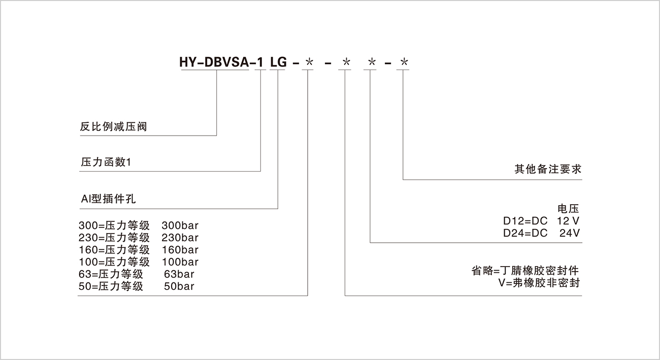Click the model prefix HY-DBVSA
(x=215, y=62)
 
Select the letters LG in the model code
(x=278, y=62)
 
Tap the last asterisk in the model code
(x=404, y=62)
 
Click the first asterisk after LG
(x=309, y=62)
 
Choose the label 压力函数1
(x=106, y=163)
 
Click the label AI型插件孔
(x=108, y=200)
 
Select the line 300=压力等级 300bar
(x=139, y=225)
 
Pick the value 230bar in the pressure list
(x=180, y=237)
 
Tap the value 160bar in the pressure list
(x=180, y=250)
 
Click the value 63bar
(x=179, y=274)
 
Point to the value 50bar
(x=179, y=287)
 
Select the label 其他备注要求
(x=547, y=170)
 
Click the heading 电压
(x=568, y=209)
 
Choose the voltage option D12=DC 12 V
(x=541, y=221)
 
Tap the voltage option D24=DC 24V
(x=541, y=234)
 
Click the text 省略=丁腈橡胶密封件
(x=525, y=270)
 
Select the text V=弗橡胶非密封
(x=539, y=283)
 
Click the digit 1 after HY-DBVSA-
(x=259, y=62)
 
